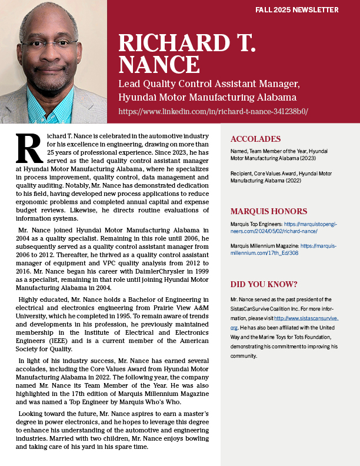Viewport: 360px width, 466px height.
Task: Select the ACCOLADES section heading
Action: [256, 139]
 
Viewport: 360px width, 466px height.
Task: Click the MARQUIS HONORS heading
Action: [268, 211]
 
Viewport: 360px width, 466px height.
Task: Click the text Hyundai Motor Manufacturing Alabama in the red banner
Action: [207, 96]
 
